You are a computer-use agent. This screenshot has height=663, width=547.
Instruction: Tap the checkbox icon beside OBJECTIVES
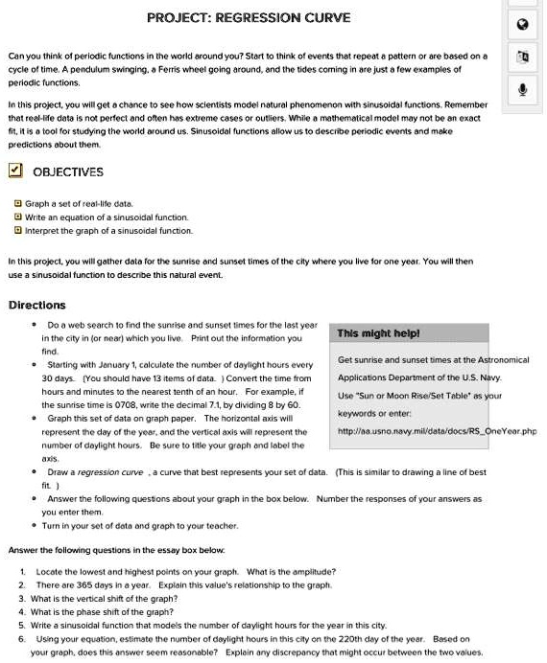click(15, 171)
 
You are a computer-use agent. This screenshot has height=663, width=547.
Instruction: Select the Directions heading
click(36, 305)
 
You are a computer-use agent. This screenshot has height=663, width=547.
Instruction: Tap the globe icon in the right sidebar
click(524, 25)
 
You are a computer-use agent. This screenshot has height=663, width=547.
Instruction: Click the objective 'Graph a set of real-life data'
click(79, 204)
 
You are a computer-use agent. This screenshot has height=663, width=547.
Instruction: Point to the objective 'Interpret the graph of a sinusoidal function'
click(107, 230)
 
